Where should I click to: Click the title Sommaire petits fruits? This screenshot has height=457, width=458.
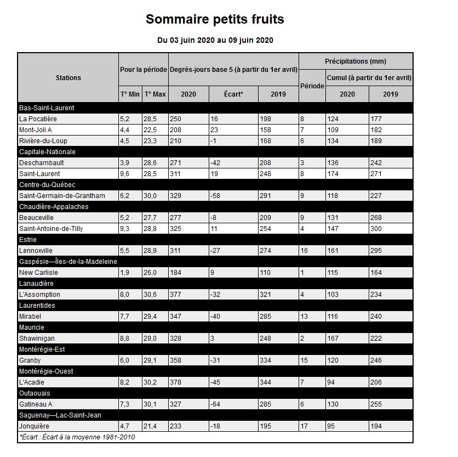pyautogui.click(x=215, y=20)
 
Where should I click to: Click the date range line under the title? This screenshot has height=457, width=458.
pyautogui.click(x=215, y=40)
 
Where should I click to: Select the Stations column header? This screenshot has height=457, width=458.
pyautogui.click(x=68, y=77)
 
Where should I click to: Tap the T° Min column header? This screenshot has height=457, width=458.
pyautogui.click(x=130, y=94)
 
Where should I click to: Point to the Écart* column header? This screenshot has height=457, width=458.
pyautogui.click(x=233, y=94)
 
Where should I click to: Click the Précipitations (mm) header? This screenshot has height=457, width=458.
pyautogui.click(x=356, y=61)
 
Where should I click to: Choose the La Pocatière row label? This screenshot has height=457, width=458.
pyautogui.click(x=38, y=119)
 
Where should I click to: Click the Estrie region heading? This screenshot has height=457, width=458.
pyautogui.click(x=28, y=240)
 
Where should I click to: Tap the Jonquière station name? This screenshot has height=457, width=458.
pyautogui.click(x=34, y=426)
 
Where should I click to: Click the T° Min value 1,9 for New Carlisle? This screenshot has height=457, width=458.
pyautogui.click(x=125, y=273)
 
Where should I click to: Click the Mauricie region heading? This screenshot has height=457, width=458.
pyautogui.click(x=32, y=328)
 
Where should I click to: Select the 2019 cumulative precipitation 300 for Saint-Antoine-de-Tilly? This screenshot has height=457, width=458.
pyautogui.click(x=376, y=229)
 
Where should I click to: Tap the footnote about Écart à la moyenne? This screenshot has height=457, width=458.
pyautogui.click(x=77, y=437)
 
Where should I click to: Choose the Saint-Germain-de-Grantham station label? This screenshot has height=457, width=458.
pyautogui.click(x=61, y=196)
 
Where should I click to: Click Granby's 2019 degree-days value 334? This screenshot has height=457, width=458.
pyautogui.click(x=265, y=360)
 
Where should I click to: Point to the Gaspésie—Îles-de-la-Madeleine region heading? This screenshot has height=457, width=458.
pyautogui.click(x=68, y=262)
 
